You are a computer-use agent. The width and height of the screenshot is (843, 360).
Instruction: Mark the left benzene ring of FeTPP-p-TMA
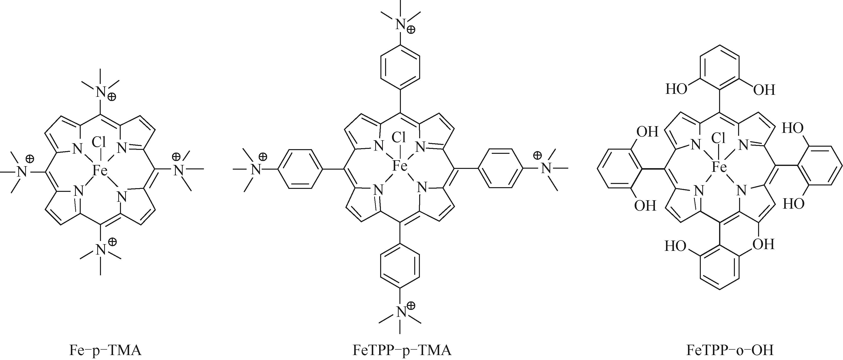(300, 169)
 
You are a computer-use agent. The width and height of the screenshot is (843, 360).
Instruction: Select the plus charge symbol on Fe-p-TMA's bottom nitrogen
(112, 242)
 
